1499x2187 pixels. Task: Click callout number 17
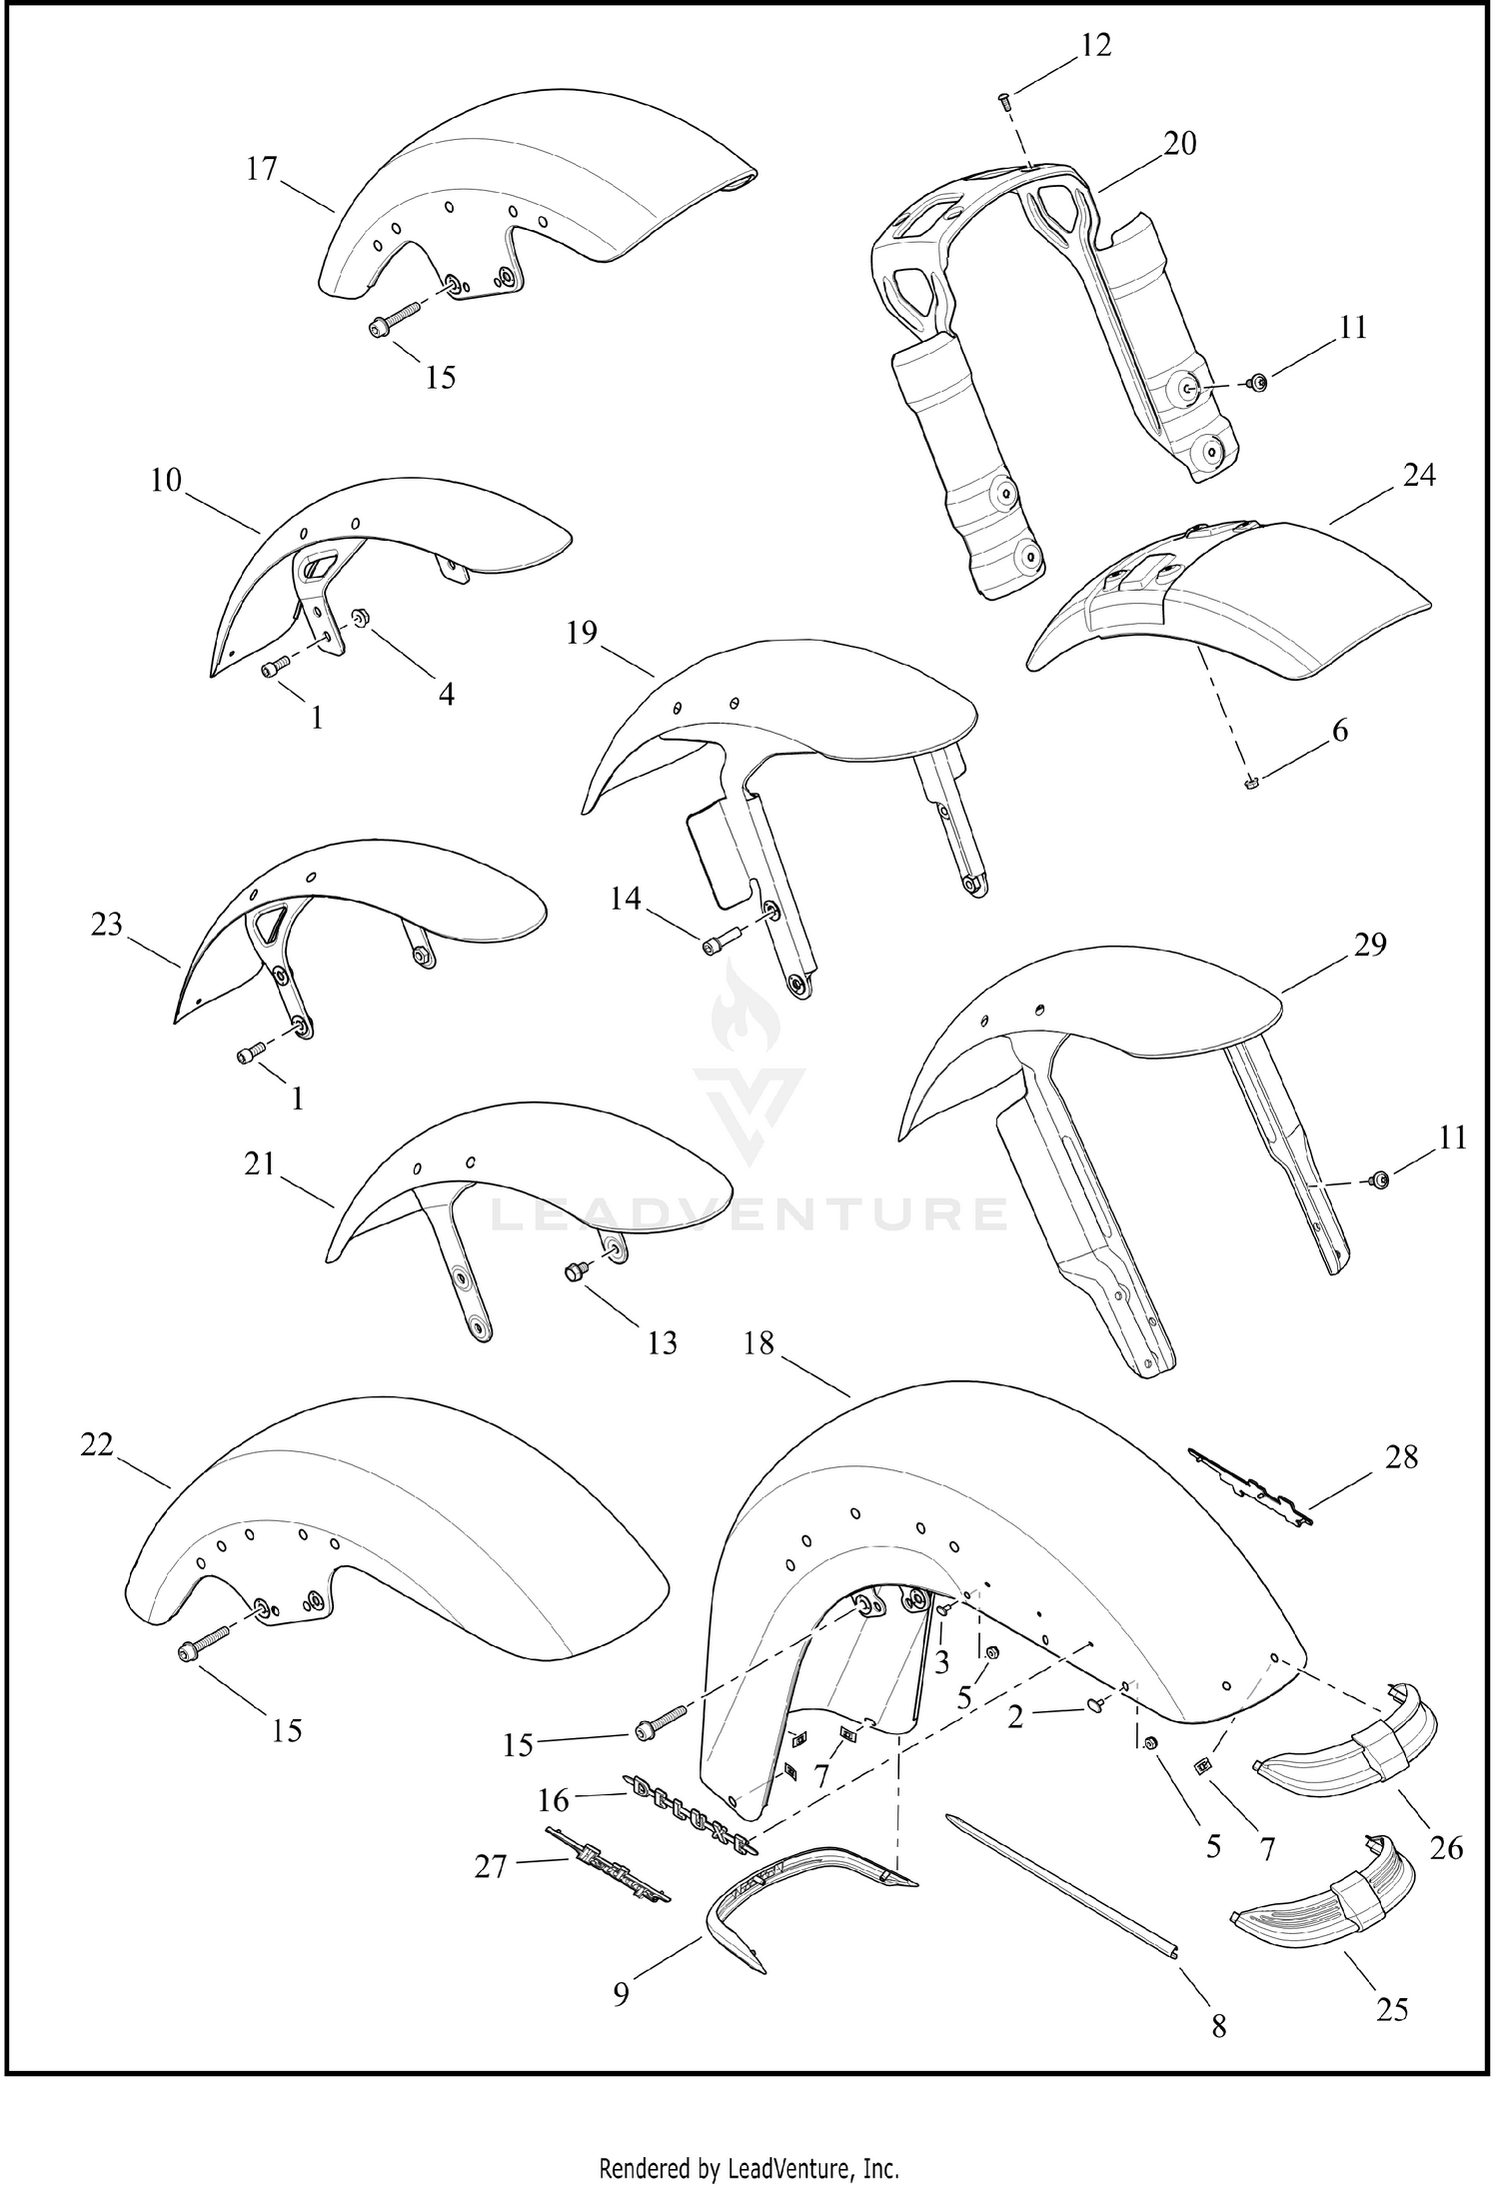click(262, 169)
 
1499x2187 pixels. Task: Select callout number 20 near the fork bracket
click(1180, 144)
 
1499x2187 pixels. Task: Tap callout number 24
click(1419, 476)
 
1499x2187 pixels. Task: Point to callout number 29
click(1370, 944)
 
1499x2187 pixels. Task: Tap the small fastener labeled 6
click(1250, 782)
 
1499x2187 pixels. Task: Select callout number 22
click(97, 1445)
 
